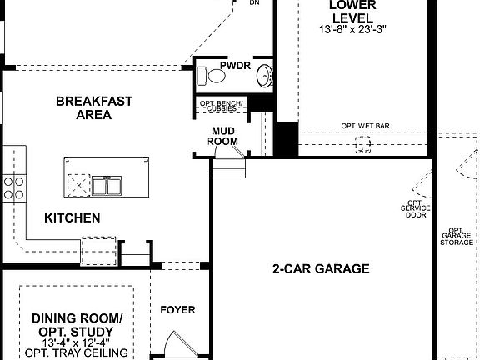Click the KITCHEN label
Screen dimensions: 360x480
point(72,218)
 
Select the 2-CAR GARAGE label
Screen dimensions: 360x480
point(321,269)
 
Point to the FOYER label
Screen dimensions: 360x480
point(177,310)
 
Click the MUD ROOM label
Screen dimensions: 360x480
point(223,136)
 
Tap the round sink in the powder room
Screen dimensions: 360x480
point(264,76)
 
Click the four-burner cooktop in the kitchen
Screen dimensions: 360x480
point(13,187)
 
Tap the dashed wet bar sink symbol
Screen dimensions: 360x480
point(363,144)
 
